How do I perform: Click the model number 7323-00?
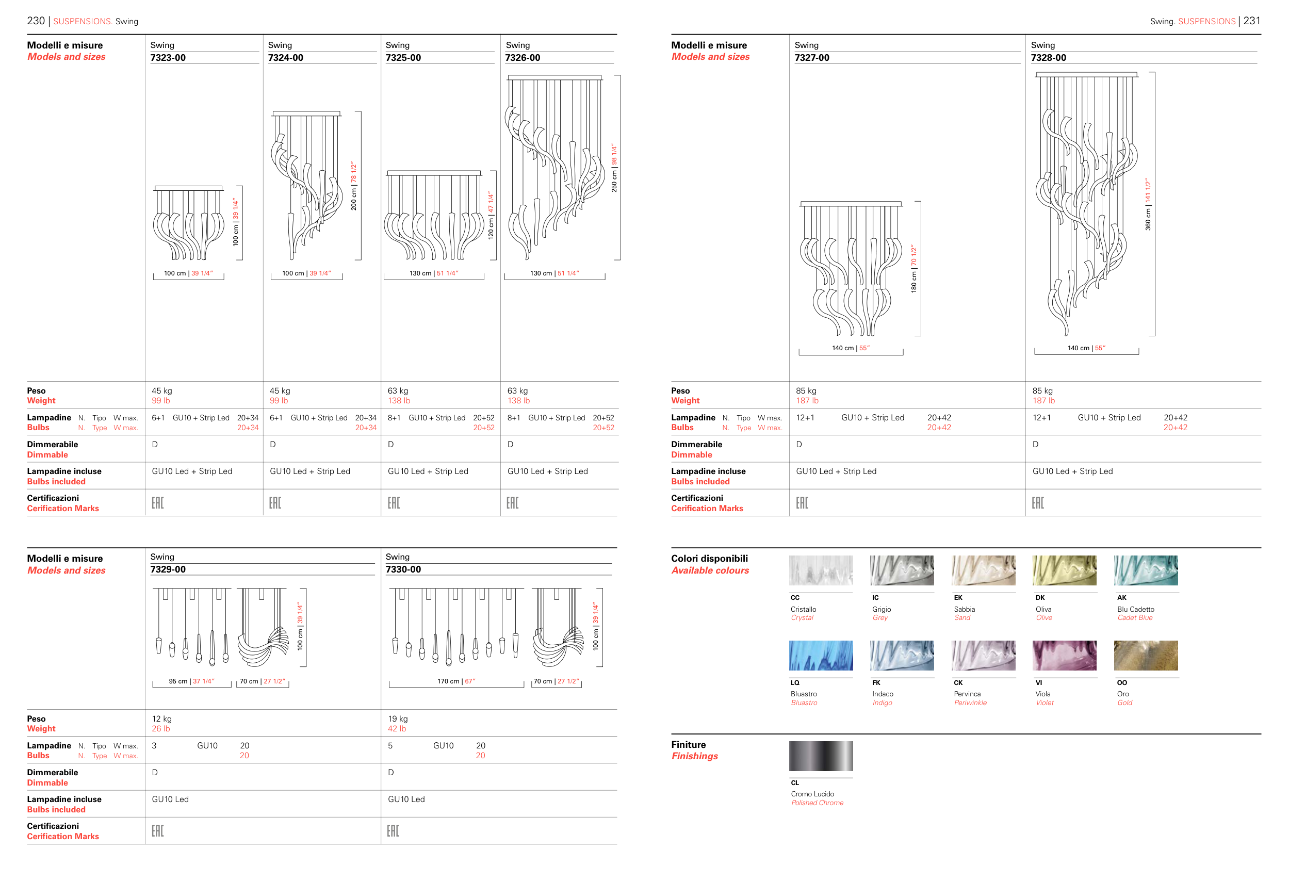pos(168,58)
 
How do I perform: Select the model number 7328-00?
pos(1048,58)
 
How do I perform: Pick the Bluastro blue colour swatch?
pos(821,655)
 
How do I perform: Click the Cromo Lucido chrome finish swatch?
pos(821,756)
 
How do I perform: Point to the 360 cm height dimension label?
pos(1148,204)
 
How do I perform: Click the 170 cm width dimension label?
pos(456,681)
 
